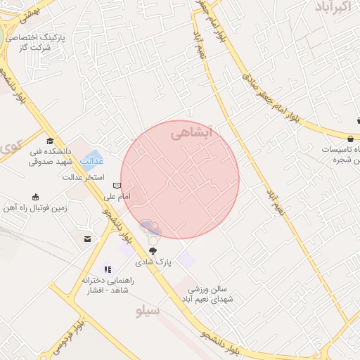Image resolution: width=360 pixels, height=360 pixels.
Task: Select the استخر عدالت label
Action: coord(84,177)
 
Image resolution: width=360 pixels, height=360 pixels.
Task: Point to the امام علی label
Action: coord(117,197)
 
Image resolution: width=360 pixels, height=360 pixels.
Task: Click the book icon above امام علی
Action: coord(118,186)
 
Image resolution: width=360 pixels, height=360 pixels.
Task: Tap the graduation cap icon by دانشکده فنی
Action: coord(49,141)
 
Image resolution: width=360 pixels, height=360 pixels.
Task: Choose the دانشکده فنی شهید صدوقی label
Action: coord(46,155)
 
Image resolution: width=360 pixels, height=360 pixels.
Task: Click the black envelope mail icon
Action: coord(87,240)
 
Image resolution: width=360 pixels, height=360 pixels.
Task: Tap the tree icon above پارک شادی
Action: coord(153,251)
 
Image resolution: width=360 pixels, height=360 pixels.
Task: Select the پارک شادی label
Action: coord(153,262)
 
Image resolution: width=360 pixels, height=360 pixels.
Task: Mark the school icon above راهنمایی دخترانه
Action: coord(107,269)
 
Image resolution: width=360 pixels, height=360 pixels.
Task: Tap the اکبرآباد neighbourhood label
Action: coord(328,8)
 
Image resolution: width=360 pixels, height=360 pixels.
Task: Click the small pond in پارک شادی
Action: coord(149,227)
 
